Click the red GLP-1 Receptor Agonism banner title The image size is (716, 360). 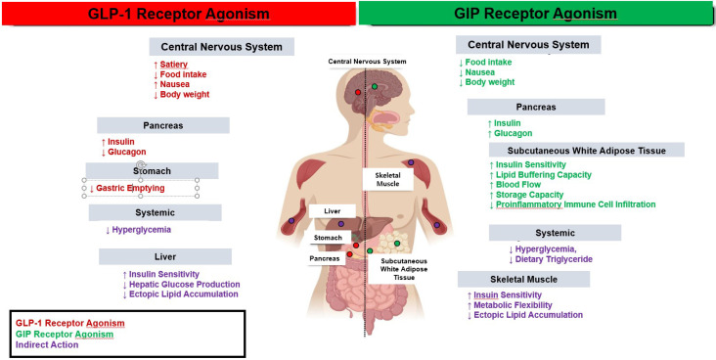(x=179, y=14)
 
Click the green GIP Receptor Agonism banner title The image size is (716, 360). (x=536, y=14)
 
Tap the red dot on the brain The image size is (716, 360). (x=358, y=92)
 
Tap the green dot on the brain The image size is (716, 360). (x=375, y=86)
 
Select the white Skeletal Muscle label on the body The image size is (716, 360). (x=387, y=179)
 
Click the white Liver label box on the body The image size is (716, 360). (x=332, y=211)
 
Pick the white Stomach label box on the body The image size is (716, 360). (x=328, y=238)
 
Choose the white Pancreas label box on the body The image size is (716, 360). (x=325, y=258)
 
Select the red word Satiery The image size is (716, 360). (x=173, y=65)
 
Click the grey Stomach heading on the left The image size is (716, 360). (x=152, y=171)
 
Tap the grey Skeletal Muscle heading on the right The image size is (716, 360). (x=523, y=279)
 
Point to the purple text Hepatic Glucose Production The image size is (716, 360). (x=184, y=284)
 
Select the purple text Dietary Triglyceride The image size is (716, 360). (x=554, y=259)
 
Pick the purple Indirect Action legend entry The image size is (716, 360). (x=47, y=345)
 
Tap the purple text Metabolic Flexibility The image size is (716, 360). (x=513, y=305)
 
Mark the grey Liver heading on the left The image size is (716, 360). (x=165, y=256)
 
